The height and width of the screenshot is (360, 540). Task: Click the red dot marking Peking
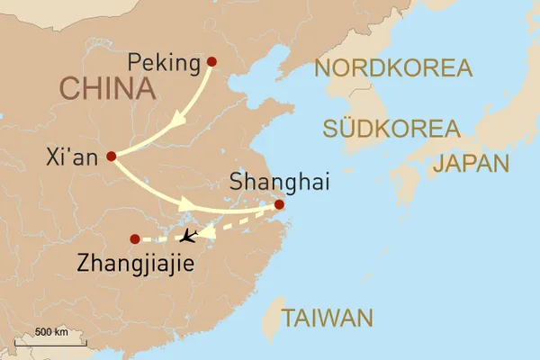click(x=212, y=62)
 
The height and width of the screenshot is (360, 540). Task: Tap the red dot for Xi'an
click(x=112, y=156)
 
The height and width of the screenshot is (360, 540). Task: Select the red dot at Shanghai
click(x=279, y=205)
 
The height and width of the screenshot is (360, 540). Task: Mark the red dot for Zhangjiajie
click(x=135, y=239)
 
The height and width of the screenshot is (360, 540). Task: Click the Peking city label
click(x=163, y=63)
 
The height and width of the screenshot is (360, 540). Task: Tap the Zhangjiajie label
click(x=136, y=262)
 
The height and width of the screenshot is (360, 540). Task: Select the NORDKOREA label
click(x=393, y=68)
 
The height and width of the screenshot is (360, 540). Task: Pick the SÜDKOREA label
click(x=390, y=129)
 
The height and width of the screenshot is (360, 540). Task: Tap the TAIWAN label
click(x=326, y=318)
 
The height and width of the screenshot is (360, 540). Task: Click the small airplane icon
click(x=188, y=238)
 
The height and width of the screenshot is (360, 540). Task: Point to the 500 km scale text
click(x=51, y=331)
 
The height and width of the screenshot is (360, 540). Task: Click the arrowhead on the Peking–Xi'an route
click(x=179, y=119)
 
